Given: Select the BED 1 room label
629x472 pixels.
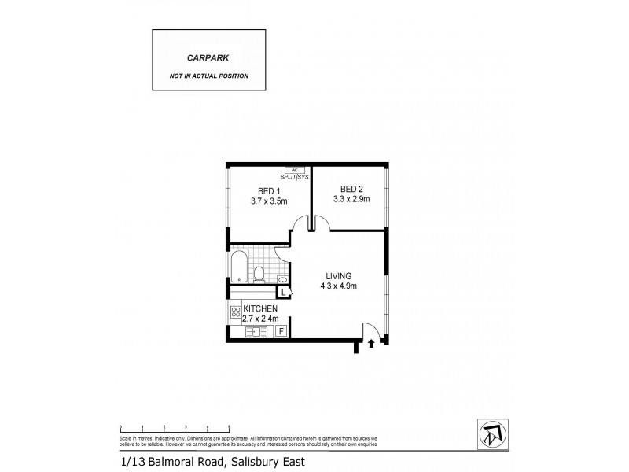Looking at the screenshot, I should (x=269, y=191).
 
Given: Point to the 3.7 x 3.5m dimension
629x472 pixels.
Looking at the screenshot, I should (x=269, y=201).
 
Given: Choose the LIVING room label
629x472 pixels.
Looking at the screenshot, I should (x=340, y=275).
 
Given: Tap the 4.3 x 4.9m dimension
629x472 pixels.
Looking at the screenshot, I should (x=340, y=286).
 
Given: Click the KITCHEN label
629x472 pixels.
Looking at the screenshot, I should (x=259, y=308).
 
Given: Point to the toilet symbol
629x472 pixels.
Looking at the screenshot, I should (x=259, y=273).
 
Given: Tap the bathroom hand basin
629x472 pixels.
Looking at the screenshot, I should (x=284, y=278).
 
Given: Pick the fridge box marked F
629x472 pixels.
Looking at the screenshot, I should (x=281, y=331).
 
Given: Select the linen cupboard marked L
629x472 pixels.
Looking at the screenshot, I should (x=285, y=293).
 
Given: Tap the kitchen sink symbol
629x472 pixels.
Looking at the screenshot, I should (x=254, y=332).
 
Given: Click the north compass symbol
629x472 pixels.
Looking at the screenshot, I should (x=491, y=430).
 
